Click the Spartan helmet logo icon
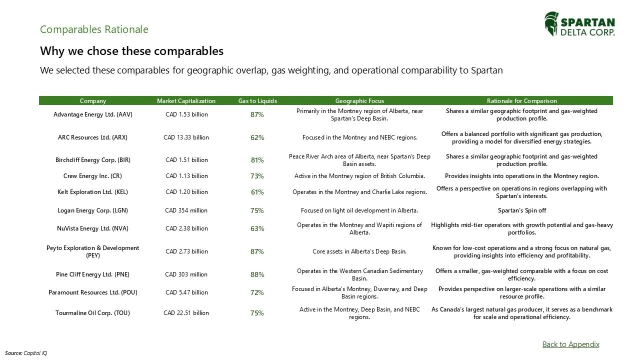click(x=551, y=24)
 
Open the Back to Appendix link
click(x=570, y=344)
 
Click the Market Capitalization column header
click(x=186, y=101)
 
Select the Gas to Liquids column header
click(x=257, y=101)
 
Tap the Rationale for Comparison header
click(x=521, y=101)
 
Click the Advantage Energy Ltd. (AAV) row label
click(x=93, y=114)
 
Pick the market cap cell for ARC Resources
click(x=186, y=137)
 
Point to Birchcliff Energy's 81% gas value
click(x=257, y=160)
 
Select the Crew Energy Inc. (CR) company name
click(x=92, y=176)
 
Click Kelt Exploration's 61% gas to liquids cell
click(x=257, y=192)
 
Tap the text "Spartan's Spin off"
click(x=521, y=210)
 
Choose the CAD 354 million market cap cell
click(x=186, y=210)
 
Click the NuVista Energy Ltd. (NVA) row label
click(x=93, y=228)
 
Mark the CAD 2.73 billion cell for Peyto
click(x=186, y=251)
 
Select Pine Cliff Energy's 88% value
click(x=257, y=274)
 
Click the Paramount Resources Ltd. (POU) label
click(x=93, y=292)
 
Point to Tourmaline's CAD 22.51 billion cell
click(x=186, y=313)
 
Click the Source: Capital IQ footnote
click(x=26, y=353)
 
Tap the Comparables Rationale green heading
click(x=94, y=29)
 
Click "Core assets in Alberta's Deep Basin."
click(x=359, y=251)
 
